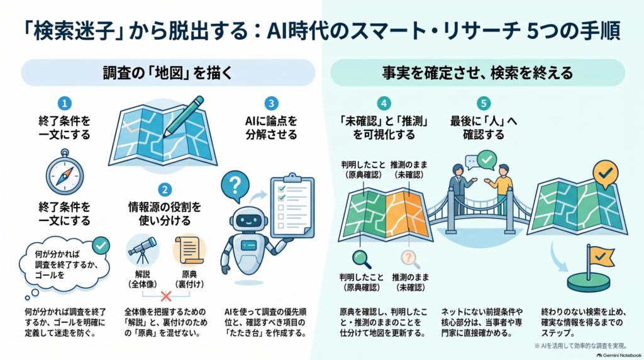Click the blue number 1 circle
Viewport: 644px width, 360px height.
tap(65, 103)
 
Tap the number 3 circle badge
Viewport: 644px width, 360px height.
tap(271, 103)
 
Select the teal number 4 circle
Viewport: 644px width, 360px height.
tap(384, 103)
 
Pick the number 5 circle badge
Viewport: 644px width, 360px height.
tap(484, 103)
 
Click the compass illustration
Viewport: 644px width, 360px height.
tap(65, 172)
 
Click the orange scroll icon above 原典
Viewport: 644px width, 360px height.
tap(189, 250)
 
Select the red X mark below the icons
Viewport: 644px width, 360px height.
tap(166, 296)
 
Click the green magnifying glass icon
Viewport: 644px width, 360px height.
tap(362, 259)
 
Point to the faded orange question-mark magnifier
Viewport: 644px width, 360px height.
tap(410, 259)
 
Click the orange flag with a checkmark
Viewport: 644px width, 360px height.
tap(601, 257)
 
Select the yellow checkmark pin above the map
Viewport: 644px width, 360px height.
tap(606, 175)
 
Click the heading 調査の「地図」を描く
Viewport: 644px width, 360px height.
tap(168, 73)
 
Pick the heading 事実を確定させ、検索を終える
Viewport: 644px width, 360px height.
tap(478, 73)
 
